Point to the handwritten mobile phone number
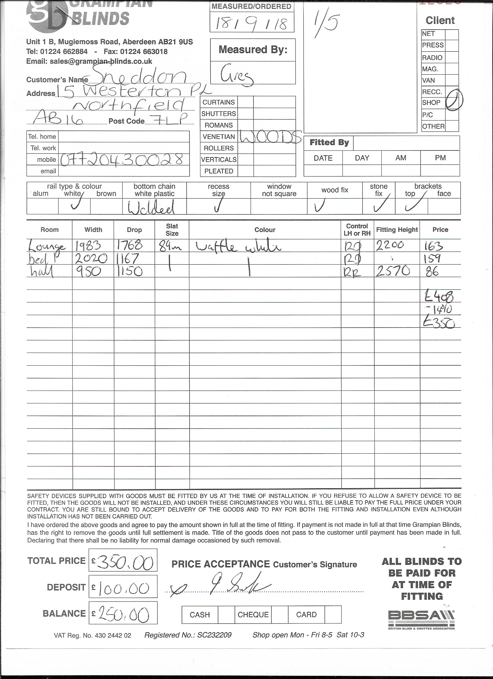[x=122, y=159]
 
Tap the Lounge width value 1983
[x=88, y=246]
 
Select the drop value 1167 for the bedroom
[x=128, y=258]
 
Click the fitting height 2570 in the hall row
[x=393, y=271]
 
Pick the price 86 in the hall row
[x=432, y=272]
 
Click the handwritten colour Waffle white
[x=238, y=247]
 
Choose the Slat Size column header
[x=172, y=230]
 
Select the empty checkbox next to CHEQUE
[x=280, y=615]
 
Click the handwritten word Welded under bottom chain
[x=151, y=207]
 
